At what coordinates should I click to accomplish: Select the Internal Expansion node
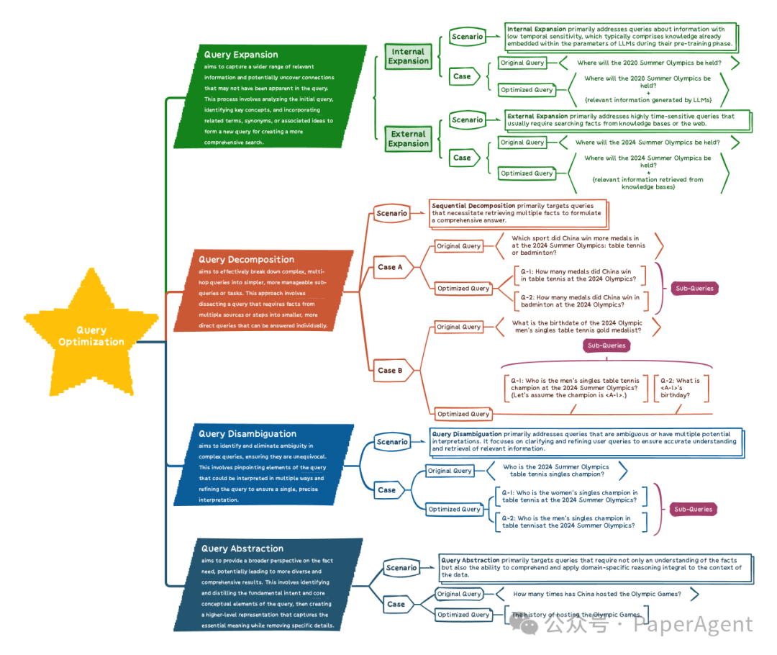click(408, 56)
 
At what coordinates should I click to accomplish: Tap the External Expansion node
click(408, 138)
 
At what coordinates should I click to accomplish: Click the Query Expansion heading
click(240, 55)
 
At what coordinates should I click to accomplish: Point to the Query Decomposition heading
click(246, 259)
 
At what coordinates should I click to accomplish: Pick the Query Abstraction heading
click(242, 548)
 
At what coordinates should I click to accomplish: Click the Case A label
click(390, 267)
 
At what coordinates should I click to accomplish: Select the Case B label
click(390, 371)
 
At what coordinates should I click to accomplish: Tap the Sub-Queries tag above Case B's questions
click(606, 345)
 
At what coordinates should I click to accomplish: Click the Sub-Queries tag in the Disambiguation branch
click(692, 509)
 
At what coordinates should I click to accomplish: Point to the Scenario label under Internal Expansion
click(467, 37)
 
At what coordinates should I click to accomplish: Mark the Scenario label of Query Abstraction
click(401, 568)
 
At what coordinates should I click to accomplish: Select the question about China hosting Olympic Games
click(596, 594)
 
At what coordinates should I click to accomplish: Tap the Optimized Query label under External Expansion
click(527, 173)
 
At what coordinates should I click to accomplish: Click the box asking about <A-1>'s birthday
click(680, 387)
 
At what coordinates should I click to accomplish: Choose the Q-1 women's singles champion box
click(569, 496)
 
